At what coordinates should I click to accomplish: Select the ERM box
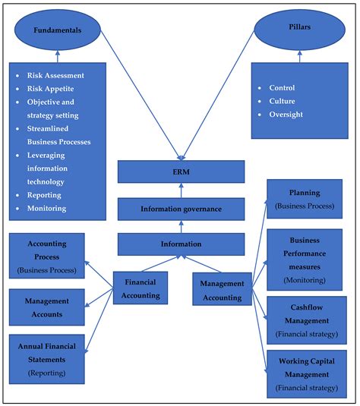(x=181, y=172)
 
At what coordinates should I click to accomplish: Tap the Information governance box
(x=181, y=208)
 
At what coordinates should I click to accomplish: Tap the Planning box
(x=304, y=199)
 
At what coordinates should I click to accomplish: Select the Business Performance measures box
(x=304, y=258)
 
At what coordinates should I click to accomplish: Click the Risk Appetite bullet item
(x=53, y=89)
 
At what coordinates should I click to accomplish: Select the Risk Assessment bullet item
(x=58, y=76)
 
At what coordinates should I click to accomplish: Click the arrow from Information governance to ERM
(x=181, y=189)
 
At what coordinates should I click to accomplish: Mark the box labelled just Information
(x=181, y=244)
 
